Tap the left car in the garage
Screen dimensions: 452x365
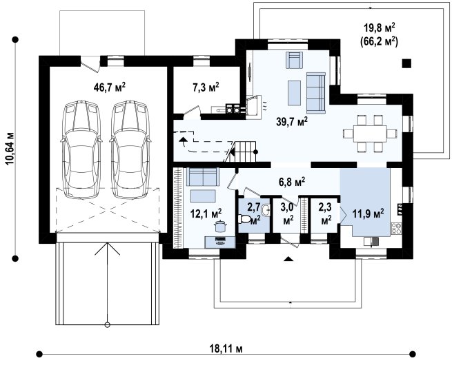(81, 149)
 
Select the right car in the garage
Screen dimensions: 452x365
(130, 149)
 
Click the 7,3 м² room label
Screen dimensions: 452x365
(206, 87)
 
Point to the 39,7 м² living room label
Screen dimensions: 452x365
(292, 123)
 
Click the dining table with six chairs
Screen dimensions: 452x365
(370, 134)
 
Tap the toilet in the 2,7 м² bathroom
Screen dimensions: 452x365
(245, 219)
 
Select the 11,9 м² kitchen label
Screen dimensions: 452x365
(368, 213)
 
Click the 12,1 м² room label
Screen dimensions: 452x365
(206, 213)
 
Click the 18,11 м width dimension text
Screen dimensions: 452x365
(226, 349)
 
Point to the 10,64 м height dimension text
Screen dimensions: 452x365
(10, 149)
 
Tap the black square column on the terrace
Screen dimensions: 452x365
(406, 63)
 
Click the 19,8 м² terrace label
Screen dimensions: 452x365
(379, 28)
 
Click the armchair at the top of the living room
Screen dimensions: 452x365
(294, 60)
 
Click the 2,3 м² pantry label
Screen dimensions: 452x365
(326, 213)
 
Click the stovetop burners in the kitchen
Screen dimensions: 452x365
(396, 229)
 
